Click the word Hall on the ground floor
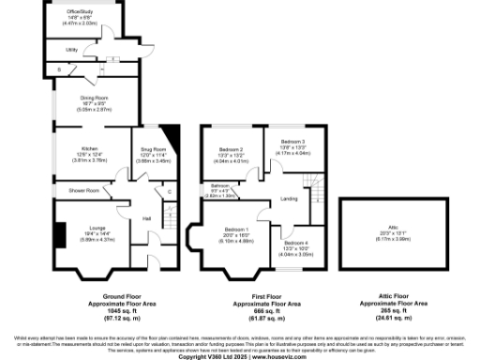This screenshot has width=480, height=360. [x=146, y=219]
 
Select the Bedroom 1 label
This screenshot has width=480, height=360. [x=234, y=229]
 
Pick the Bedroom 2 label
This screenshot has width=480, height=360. [x=232, y=150]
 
